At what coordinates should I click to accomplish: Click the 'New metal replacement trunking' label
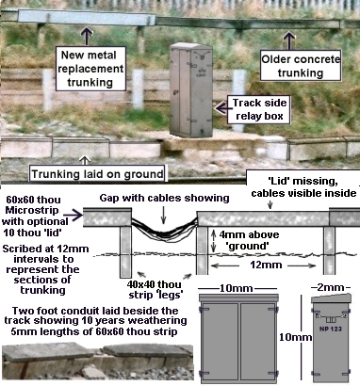tap(90, 69)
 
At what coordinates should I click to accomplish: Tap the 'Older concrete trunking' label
tap(301, 66)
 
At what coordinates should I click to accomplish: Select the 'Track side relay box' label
tap(259, 109)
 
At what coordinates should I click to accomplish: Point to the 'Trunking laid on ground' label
tap(97, 174)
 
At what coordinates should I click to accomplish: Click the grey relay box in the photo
tap(191, 90)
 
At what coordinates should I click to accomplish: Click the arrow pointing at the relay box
tap(222, 108)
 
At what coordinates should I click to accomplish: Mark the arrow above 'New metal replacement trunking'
tap(87, 36)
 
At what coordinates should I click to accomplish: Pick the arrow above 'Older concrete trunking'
tap(288, 40)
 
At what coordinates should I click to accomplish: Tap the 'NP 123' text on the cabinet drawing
tap(331, 330)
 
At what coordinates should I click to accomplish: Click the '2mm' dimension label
tap(331, 288)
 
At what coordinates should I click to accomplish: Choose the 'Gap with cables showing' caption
tap(164, 198)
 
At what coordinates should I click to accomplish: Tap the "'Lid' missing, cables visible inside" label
tap(303, 187)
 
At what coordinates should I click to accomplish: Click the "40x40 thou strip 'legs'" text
tap(155, 290)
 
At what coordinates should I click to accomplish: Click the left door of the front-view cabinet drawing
tap(220, 342)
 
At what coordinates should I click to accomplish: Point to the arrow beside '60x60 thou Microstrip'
tap(74, 216)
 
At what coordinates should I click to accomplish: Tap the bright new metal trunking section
tap(87, 17)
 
